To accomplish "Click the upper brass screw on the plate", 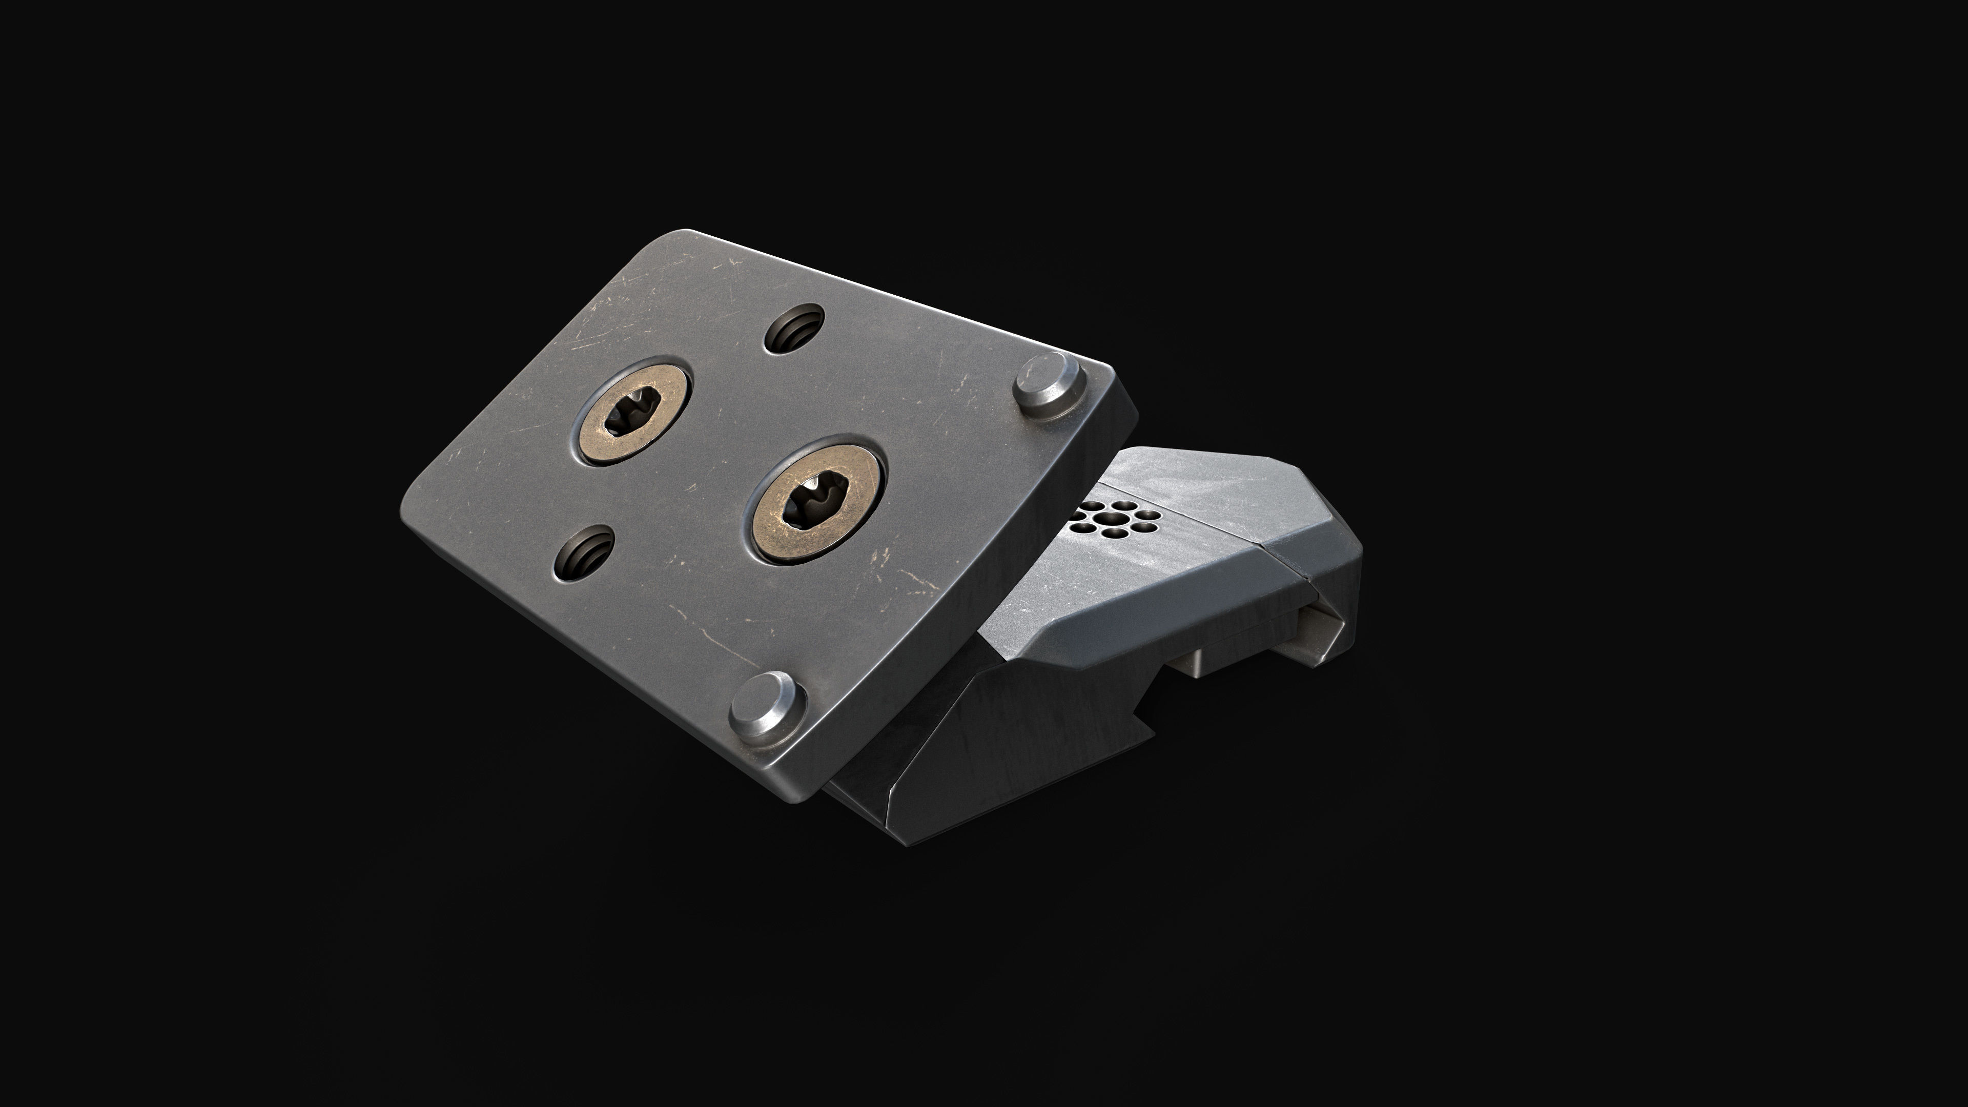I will pos(632,413).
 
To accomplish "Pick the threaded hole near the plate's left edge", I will pos(584,552).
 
